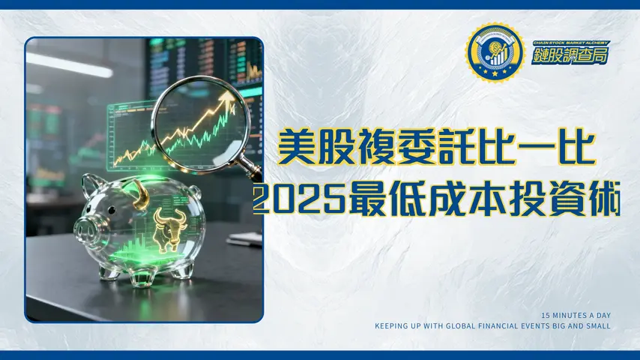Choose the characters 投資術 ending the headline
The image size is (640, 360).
tap(560, 200)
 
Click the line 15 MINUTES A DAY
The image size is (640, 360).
tap(576, 315)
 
